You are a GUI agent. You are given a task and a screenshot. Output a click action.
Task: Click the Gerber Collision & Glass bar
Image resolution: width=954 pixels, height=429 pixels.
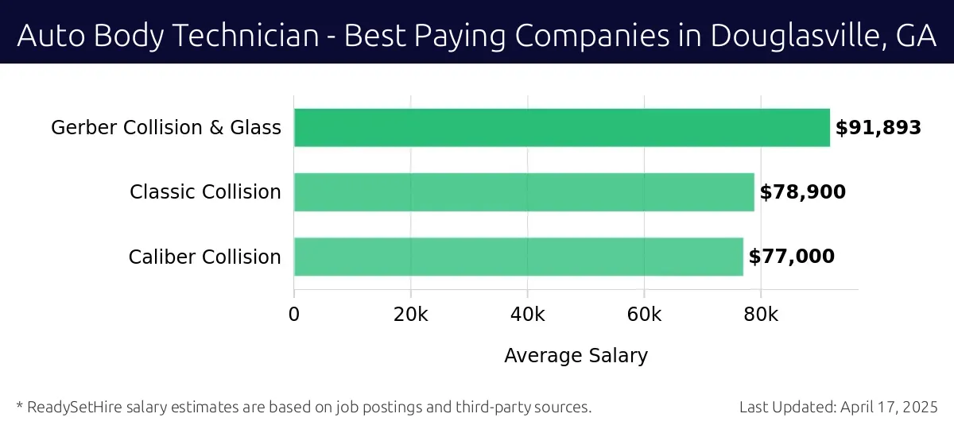point(562,128)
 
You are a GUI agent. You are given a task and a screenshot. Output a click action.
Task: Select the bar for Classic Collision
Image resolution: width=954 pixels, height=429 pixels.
point(524,192)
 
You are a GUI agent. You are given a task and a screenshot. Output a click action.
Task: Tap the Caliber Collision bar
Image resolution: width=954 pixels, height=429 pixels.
point(518,257)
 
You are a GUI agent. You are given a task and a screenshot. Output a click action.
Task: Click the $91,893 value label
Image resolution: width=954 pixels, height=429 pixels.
point(878,128)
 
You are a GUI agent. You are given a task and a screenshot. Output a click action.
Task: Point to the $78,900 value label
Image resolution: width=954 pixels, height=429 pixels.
point(802,192)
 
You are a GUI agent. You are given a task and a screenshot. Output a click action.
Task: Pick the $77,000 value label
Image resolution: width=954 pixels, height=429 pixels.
point(792,257)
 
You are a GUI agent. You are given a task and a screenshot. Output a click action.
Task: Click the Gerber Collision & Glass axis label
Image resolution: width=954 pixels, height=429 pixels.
point(166,128)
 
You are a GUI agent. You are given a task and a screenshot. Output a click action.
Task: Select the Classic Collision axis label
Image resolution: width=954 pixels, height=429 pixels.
point(205,192)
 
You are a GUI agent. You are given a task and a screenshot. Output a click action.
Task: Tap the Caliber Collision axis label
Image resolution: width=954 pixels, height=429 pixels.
point(204,257)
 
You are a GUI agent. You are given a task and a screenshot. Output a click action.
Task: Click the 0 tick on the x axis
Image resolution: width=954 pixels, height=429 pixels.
point(294,315)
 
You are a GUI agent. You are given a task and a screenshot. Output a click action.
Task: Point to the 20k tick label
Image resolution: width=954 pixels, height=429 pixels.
point(411,315)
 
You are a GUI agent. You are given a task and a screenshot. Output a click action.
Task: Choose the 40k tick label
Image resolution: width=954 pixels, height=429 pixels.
point(528,315)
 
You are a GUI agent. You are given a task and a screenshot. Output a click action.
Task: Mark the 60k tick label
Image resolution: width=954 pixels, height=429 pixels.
point(644,315)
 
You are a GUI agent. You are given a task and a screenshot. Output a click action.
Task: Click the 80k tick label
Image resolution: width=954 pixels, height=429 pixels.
point(761,315)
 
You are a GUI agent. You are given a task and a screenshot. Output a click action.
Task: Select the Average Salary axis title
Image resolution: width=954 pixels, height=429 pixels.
point(576,356)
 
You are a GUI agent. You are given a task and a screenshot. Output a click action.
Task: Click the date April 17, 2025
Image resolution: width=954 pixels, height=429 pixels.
point(890,408)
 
